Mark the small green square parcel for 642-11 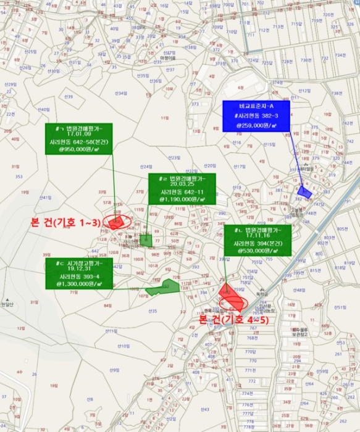(x=146, y=239)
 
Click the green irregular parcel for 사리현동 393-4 (x=162, y=286)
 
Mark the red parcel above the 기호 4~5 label (x=230, y=299)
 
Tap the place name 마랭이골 (x=168, y=58)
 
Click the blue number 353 (x=19, y=177)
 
